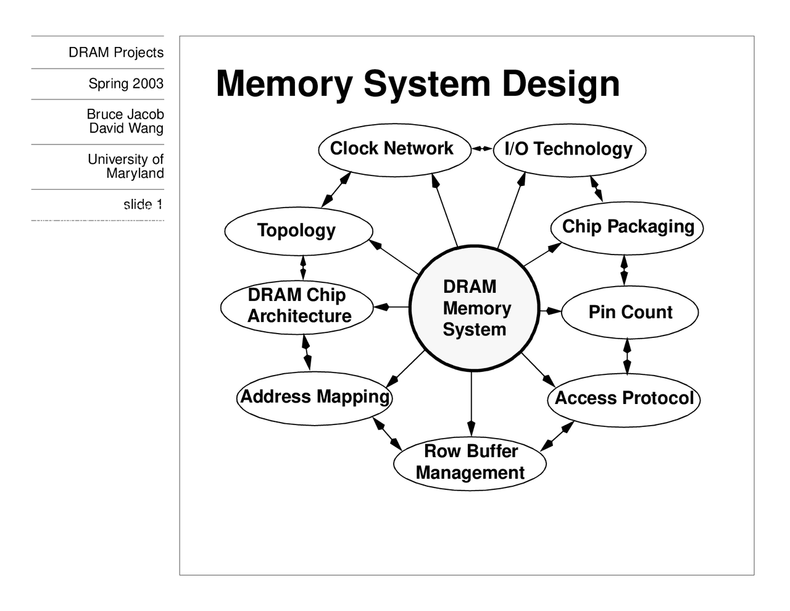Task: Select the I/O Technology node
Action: [x=569, y=150]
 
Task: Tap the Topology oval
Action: [x=298, y=230]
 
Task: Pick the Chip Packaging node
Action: [x=627, y=227]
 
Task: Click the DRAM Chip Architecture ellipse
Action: [x=297, y=306]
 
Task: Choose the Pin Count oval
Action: [x=630, y=312]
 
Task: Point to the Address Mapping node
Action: [x=315, y=397]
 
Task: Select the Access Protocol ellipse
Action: [x=623, y=398]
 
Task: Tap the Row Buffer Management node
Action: [x=470, y=462]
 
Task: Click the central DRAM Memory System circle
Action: [x=474, y=308]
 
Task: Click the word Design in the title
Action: [x=560, y=83]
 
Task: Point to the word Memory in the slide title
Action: [x=285, y=83]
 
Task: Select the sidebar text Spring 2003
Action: [x=126, y=83]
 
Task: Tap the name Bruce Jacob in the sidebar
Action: [x=125, y=114]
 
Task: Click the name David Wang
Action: [x=127, y=129]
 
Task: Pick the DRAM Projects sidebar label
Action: [x=116, y=53]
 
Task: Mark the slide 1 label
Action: [x=143, y=204]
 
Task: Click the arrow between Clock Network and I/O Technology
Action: [x=482, y=149]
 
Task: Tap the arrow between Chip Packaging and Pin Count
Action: [x=624, y=270]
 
